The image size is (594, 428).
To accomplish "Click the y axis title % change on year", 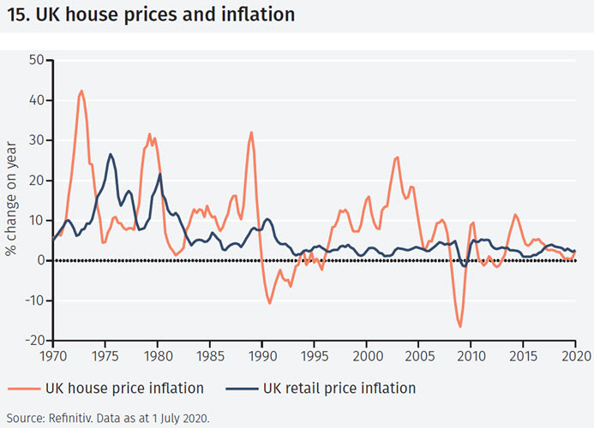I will click(x=11, y=199).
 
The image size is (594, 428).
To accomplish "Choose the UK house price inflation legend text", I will click(x=128, y=388).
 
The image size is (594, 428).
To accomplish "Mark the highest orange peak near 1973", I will click(x=81, y=91).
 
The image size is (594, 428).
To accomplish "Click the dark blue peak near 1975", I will click(x=111, y=155).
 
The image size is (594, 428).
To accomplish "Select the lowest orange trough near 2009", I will click(x=460, y=326).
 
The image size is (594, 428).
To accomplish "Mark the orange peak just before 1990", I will click(x=251, y=133).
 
